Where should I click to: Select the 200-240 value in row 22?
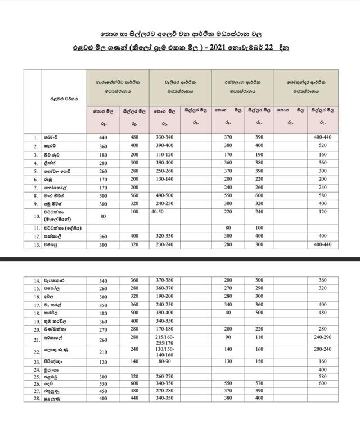(x=322, y=350)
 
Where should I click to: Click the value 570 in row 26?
(x=259, y=383)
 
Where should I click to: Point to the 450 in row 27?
(x=102, y=391)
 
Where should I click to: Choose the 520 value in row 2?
(x=322, y=145)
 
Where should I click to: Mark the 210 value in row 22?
(x=102, y=352)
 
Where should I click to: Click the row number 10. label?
(x=35, y=216)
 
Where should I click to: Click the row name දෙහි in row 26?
(x=52, y=383)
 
